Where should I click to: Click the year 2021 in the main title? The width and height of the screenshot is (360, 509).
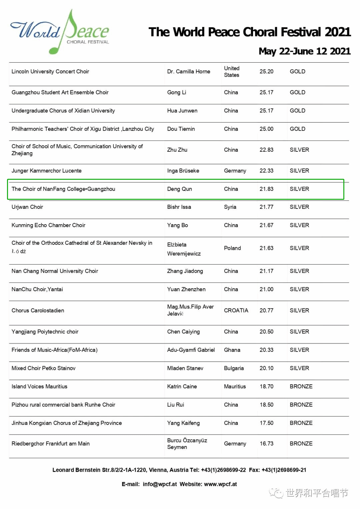tap(338, 32)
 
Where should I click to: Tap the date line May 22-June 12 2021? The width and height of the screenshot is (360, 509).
tap(304, 51)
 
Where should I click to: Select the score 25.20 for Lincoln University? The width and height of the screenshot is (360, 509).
tap(266, 71)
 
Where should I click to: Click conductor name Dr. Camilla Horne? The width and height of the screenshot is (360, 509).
tap(189, 71)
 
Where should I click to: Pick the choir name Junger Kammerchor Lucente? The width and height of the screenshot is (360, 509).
tap(47, 171)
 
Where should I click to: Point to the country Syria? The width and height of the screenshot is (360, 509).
tap(230, 207)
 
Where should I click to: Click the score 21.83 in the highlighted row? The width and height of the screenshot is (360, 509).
tap(266, 189)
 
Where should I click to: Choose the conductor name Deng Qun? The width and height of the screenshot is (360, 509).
tap(179, 189)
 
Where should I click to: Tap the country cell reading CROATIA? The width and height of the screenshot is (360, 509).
tap(236, 310)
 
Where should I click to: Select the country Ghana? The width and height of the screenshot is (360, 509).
tap(232, 350)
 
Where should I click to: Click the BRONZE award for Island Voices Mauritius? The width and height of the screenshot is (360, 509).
tap(301, 386)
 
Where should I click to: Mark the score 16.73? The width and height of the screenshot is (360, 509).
tap(266, 443)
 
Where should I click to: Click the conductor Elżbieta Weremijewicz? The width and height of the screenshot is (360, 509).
tap(184, 249)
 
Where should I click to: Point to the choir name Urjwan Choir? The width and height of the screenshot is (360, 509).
tap(27, 207)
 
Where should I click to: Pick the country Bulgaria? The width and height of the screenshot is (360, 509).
tap(234, 368)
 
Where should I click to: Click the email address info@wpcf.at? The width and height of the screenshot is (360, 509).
tap(160, 484)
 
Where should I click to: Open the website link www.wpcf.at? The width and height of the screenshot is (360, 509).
tap(220, 484)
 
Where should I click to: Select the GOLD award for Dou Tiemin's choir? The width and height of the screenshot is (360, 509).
tap(297, 129)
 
